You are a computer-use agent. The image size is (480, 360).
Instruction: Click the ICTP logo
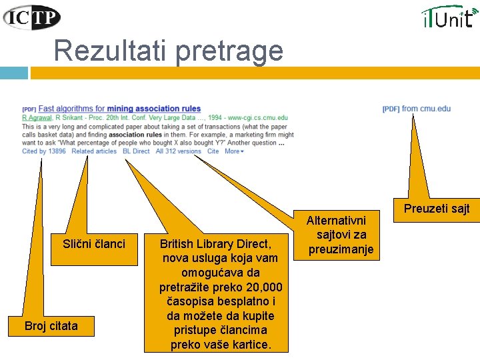pos(32,17)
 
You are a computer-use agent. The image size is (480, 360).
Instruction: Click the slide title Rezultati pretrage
pos(168,50)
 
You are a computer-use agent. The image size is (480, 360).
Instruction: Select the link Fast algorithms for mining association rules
pos(120,109)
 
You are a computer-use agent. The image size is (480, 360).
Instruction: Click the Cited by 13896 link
pos(44,151)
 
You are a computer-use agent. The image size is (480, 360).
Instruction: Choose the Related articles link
pos(94,151)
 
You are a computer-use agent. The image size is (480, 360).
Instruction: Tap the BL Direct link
pos(136,151)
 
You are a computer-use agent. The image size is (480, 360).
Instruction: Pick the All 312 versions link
pos(179,151)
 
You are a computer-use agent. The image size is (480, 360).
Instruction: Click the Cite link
pos(213,151)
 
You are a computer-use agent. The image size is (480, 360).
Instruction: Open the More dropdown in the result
pos(234,151)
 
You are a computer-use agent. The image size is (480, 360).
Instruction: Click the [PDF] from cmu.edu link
pos(417,109)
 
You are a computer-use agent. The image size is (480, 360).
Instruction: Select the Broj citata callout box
pos(51,326)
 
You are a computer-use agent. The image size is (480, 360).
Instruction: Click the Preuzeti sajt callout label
pos(437,209)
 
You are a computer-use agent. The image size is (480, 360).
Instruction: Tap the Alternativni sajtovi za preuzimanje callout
pos(340,235)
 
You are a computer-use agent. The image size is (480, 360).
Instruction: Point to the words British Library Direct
pos(215,244)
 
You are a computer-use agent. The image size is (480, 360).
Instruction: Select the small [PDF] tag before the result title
pos(29,109)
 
